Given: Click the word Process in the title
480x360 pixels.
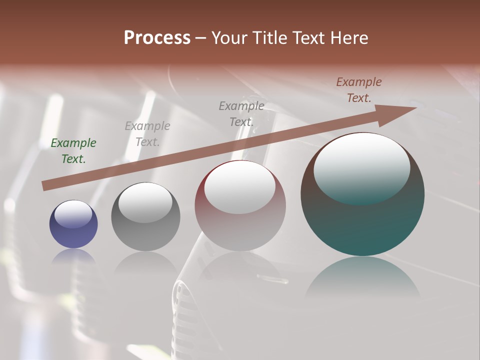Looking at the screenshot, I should click(x=157, y=38).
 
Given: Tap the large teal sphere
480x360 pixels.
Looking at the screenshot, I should click(x=362, y=225).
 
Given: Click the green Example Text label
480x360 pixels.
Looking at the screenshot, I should click(x=73, y=151).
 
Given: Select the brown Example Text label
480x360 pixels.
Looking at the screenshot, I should click(x=359, y=90).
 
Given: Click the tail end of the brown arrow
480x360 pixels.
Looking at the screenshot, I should click(x=44, y=186).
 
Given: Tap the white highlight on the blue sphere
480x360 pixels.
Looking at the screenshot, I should click(x=73, y=214).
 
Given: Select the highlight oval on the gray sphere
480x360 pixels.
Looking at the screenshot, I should click(x=145, y=202).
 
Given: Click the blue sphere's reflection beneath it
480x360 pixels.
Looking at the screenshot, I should click(x=73, y=256).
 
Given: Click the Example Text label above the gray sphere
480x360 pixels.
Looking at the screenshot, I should click(x=147, y=134).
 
